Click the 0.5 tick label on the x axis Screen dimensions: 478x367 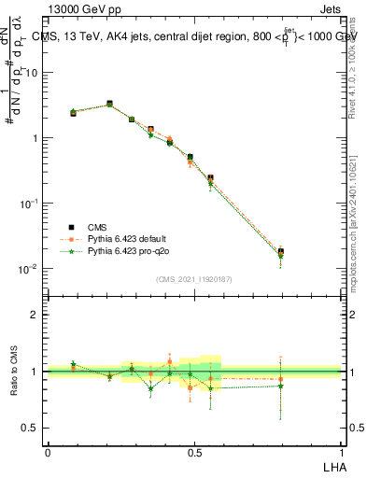point(194,451)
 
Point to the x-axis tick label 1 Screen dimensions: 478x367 point(342,451)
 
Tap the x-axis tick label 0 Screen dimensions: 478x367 point(48,451)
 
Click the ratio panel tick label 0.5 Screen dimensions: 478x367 point(30,428)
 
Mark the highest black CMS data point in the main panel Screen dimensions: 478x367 point(109,104)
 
